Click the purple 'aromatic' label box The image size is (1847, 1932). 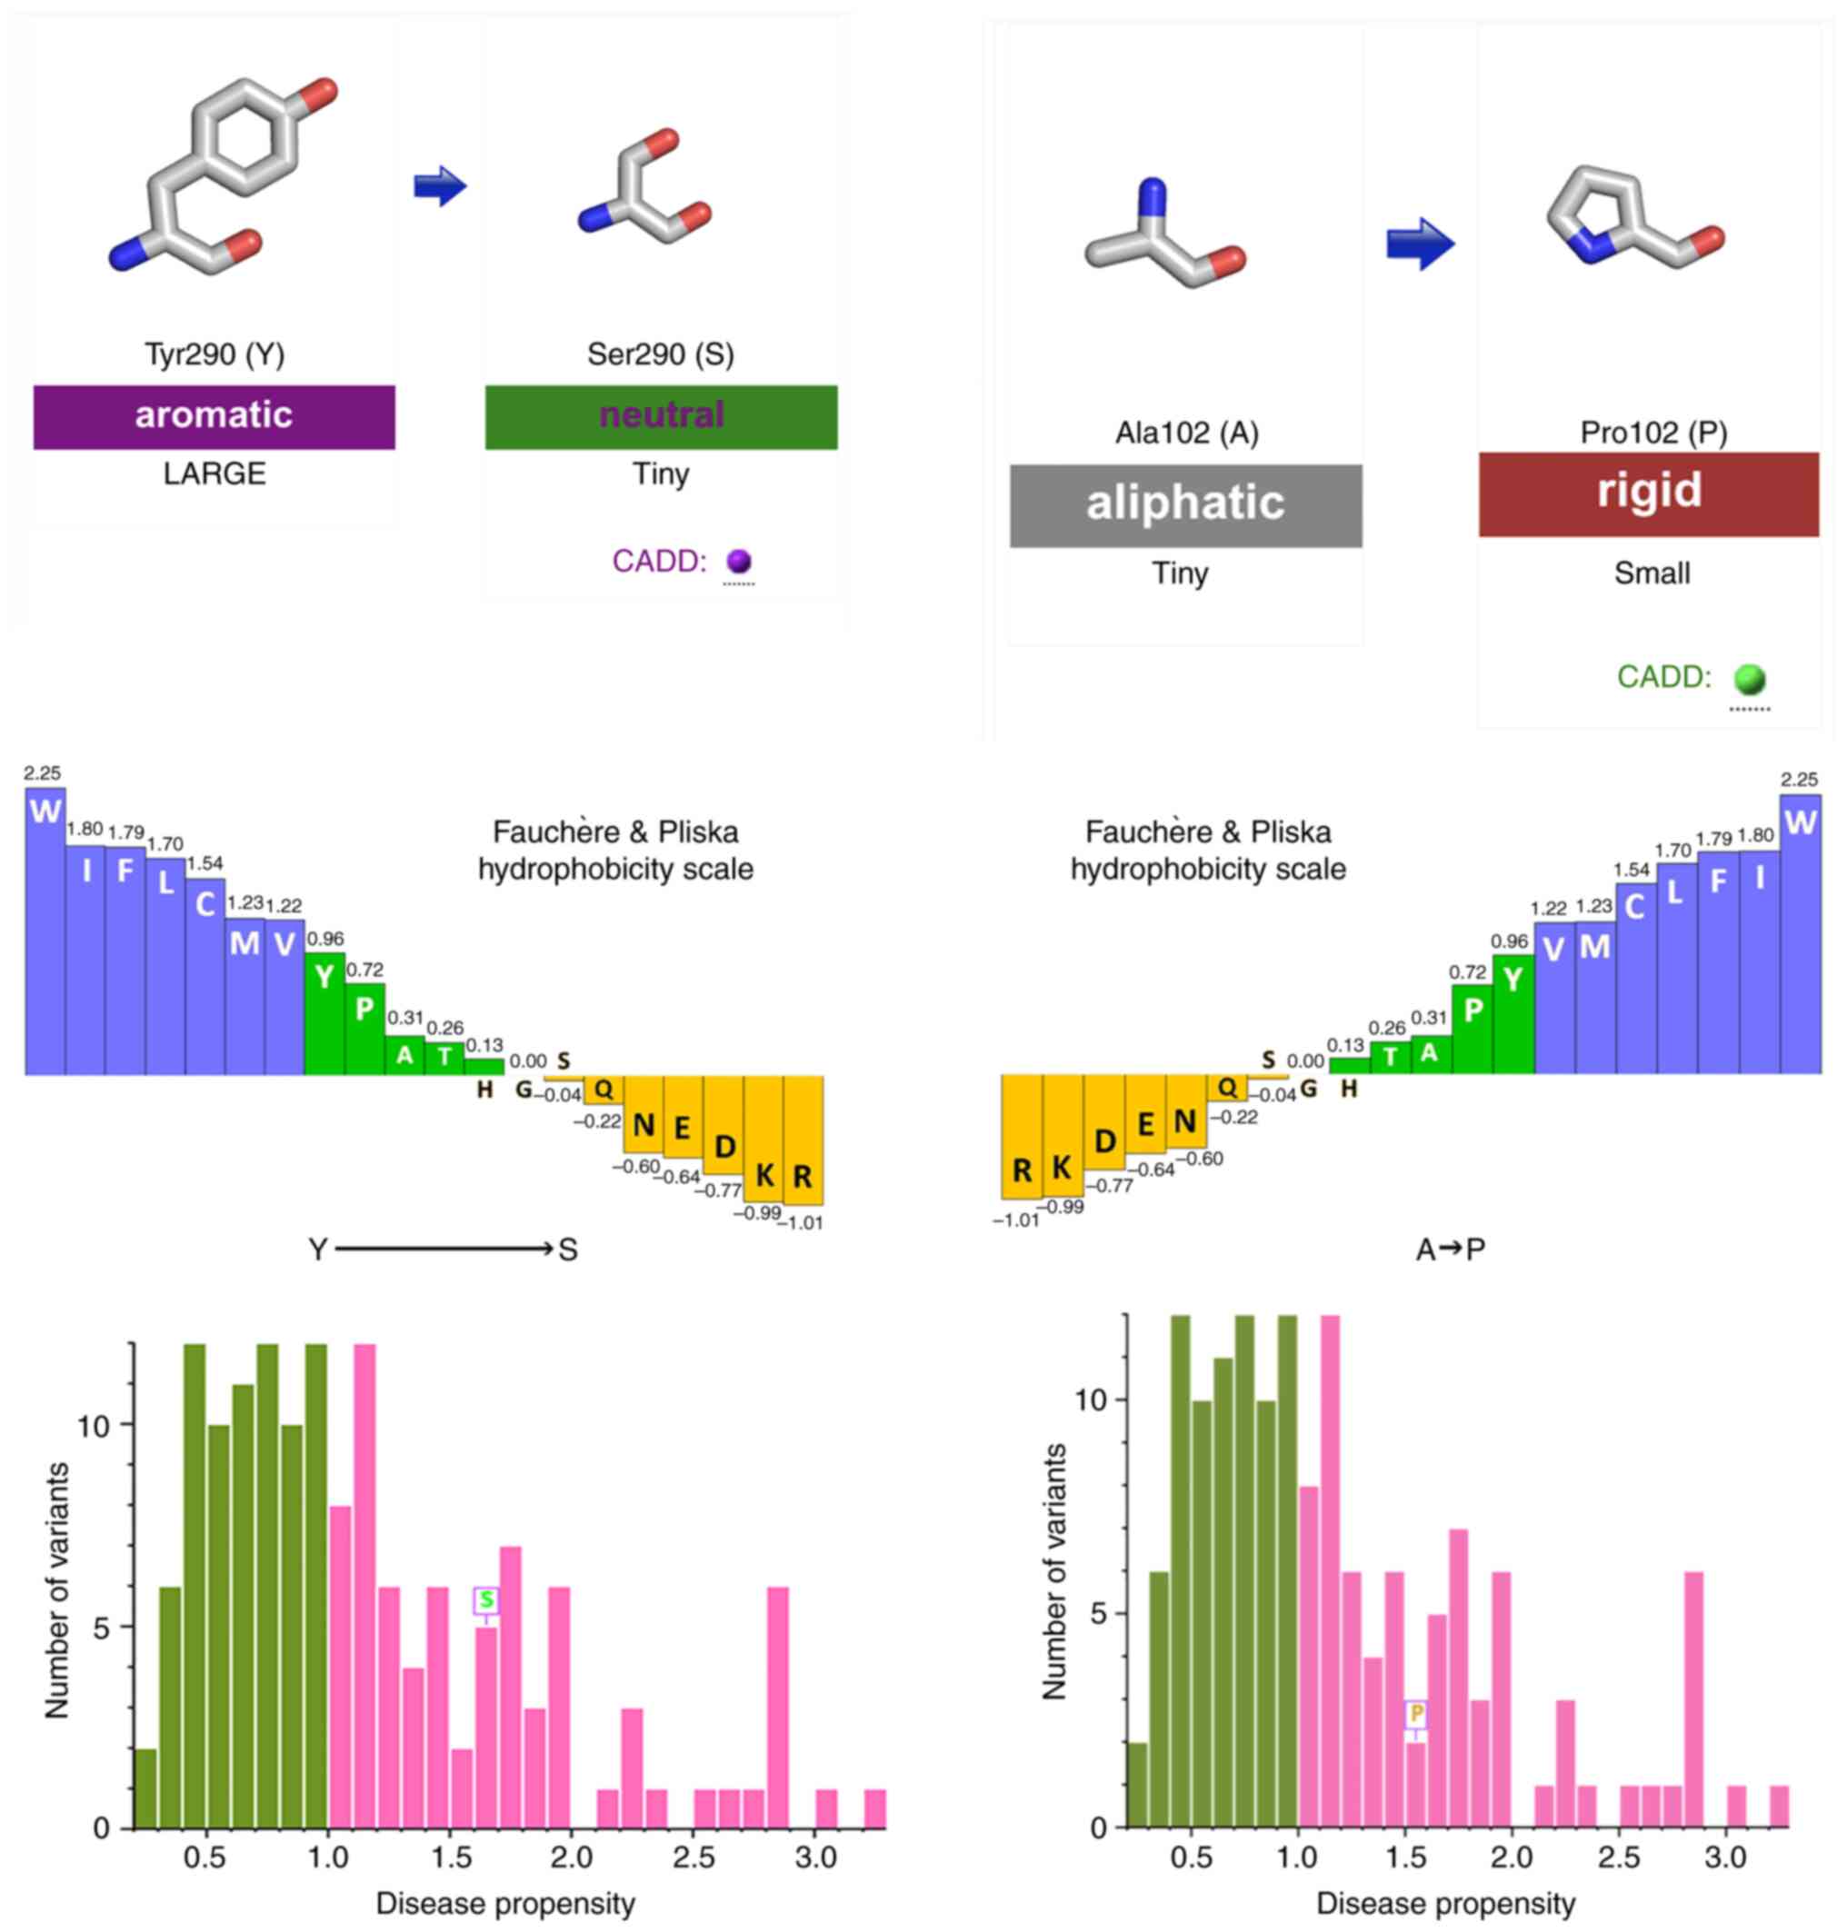[x=214, y=416]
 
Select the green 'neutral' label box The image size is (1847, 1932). [x=661, y=416]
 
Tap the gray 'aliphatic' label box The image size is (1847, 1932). [x=1185, y=505]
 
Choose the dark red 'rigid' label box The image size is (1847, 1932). [x=1648, y=493]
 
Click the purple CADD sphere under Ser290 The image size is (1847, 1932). [x=738, y=561]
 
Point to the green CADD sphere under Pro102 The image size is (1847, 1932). [x=1750, y=679]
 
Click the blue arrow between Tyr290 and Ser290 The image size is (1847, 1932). [x=439, y=186]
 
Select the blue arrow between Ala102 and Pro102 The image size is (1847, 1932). [x=1420, y=244]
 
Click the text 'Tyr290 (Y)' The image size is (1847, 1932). [x=215, y=354]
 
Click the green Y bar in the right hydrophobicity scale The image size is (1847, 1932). [x=1513, y=1014]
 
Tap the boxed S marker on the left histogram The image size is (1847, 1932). [x=485, y=1600]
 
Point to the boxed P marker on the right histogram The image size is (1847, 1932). [x=1416, y=1714]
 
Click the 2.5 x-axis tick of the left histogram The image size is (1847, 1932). [x=694, y=1857]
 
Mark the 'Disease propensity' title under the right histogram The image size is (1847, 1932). [x=1445, y=1904]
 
